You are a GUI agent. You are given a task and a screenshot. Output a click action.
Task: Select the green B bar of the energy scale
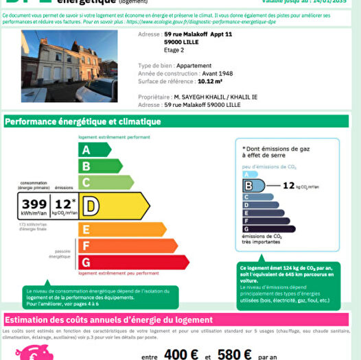click(x=95, y=166)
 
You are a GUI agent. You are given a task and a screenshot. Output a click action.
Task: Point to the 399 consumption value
click(x=34, y=204)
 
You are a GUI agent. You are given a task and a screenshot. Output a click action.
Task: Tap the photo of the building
click(x=69, y=65)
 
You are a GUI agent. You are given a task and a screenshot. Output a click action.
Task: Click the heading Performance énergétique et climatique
click(x=83, y=122)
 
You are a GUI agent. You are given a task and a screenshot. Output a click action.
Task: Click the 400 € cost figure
click(x=181, y=354)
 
